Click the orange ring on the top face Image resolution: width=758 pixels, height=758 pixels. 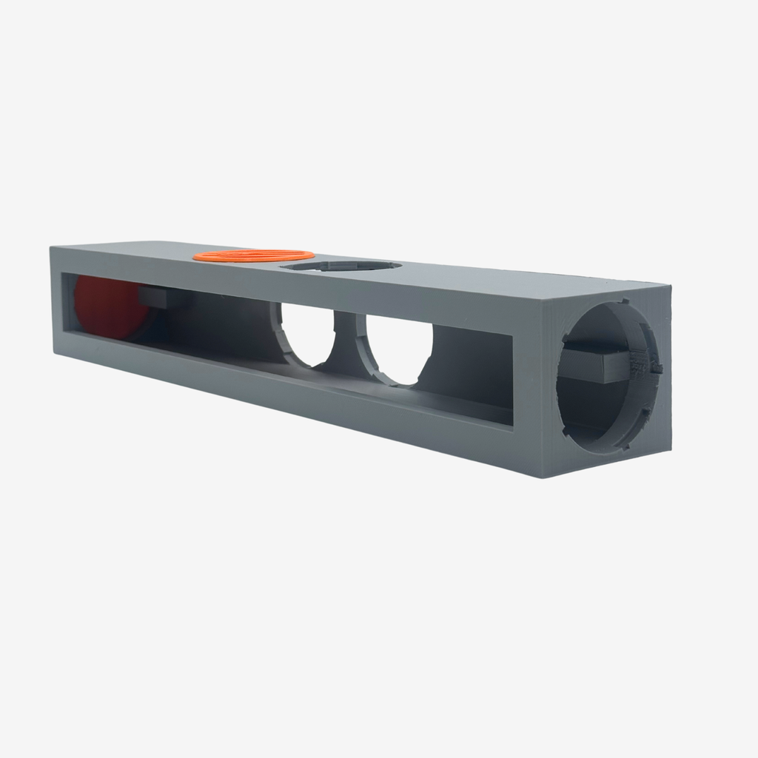pyautogui.click(x=253, y=255)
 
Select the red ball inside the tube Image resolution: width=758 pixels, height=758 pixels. pyautogui.click(x=107, y=307)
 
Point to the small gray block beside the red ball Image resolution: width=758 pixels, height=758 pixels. pyautogui.click(x=153, y=297)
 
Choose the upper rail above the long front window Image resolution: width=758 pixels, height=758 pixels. pyautogui.click(x=296, y=285)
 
